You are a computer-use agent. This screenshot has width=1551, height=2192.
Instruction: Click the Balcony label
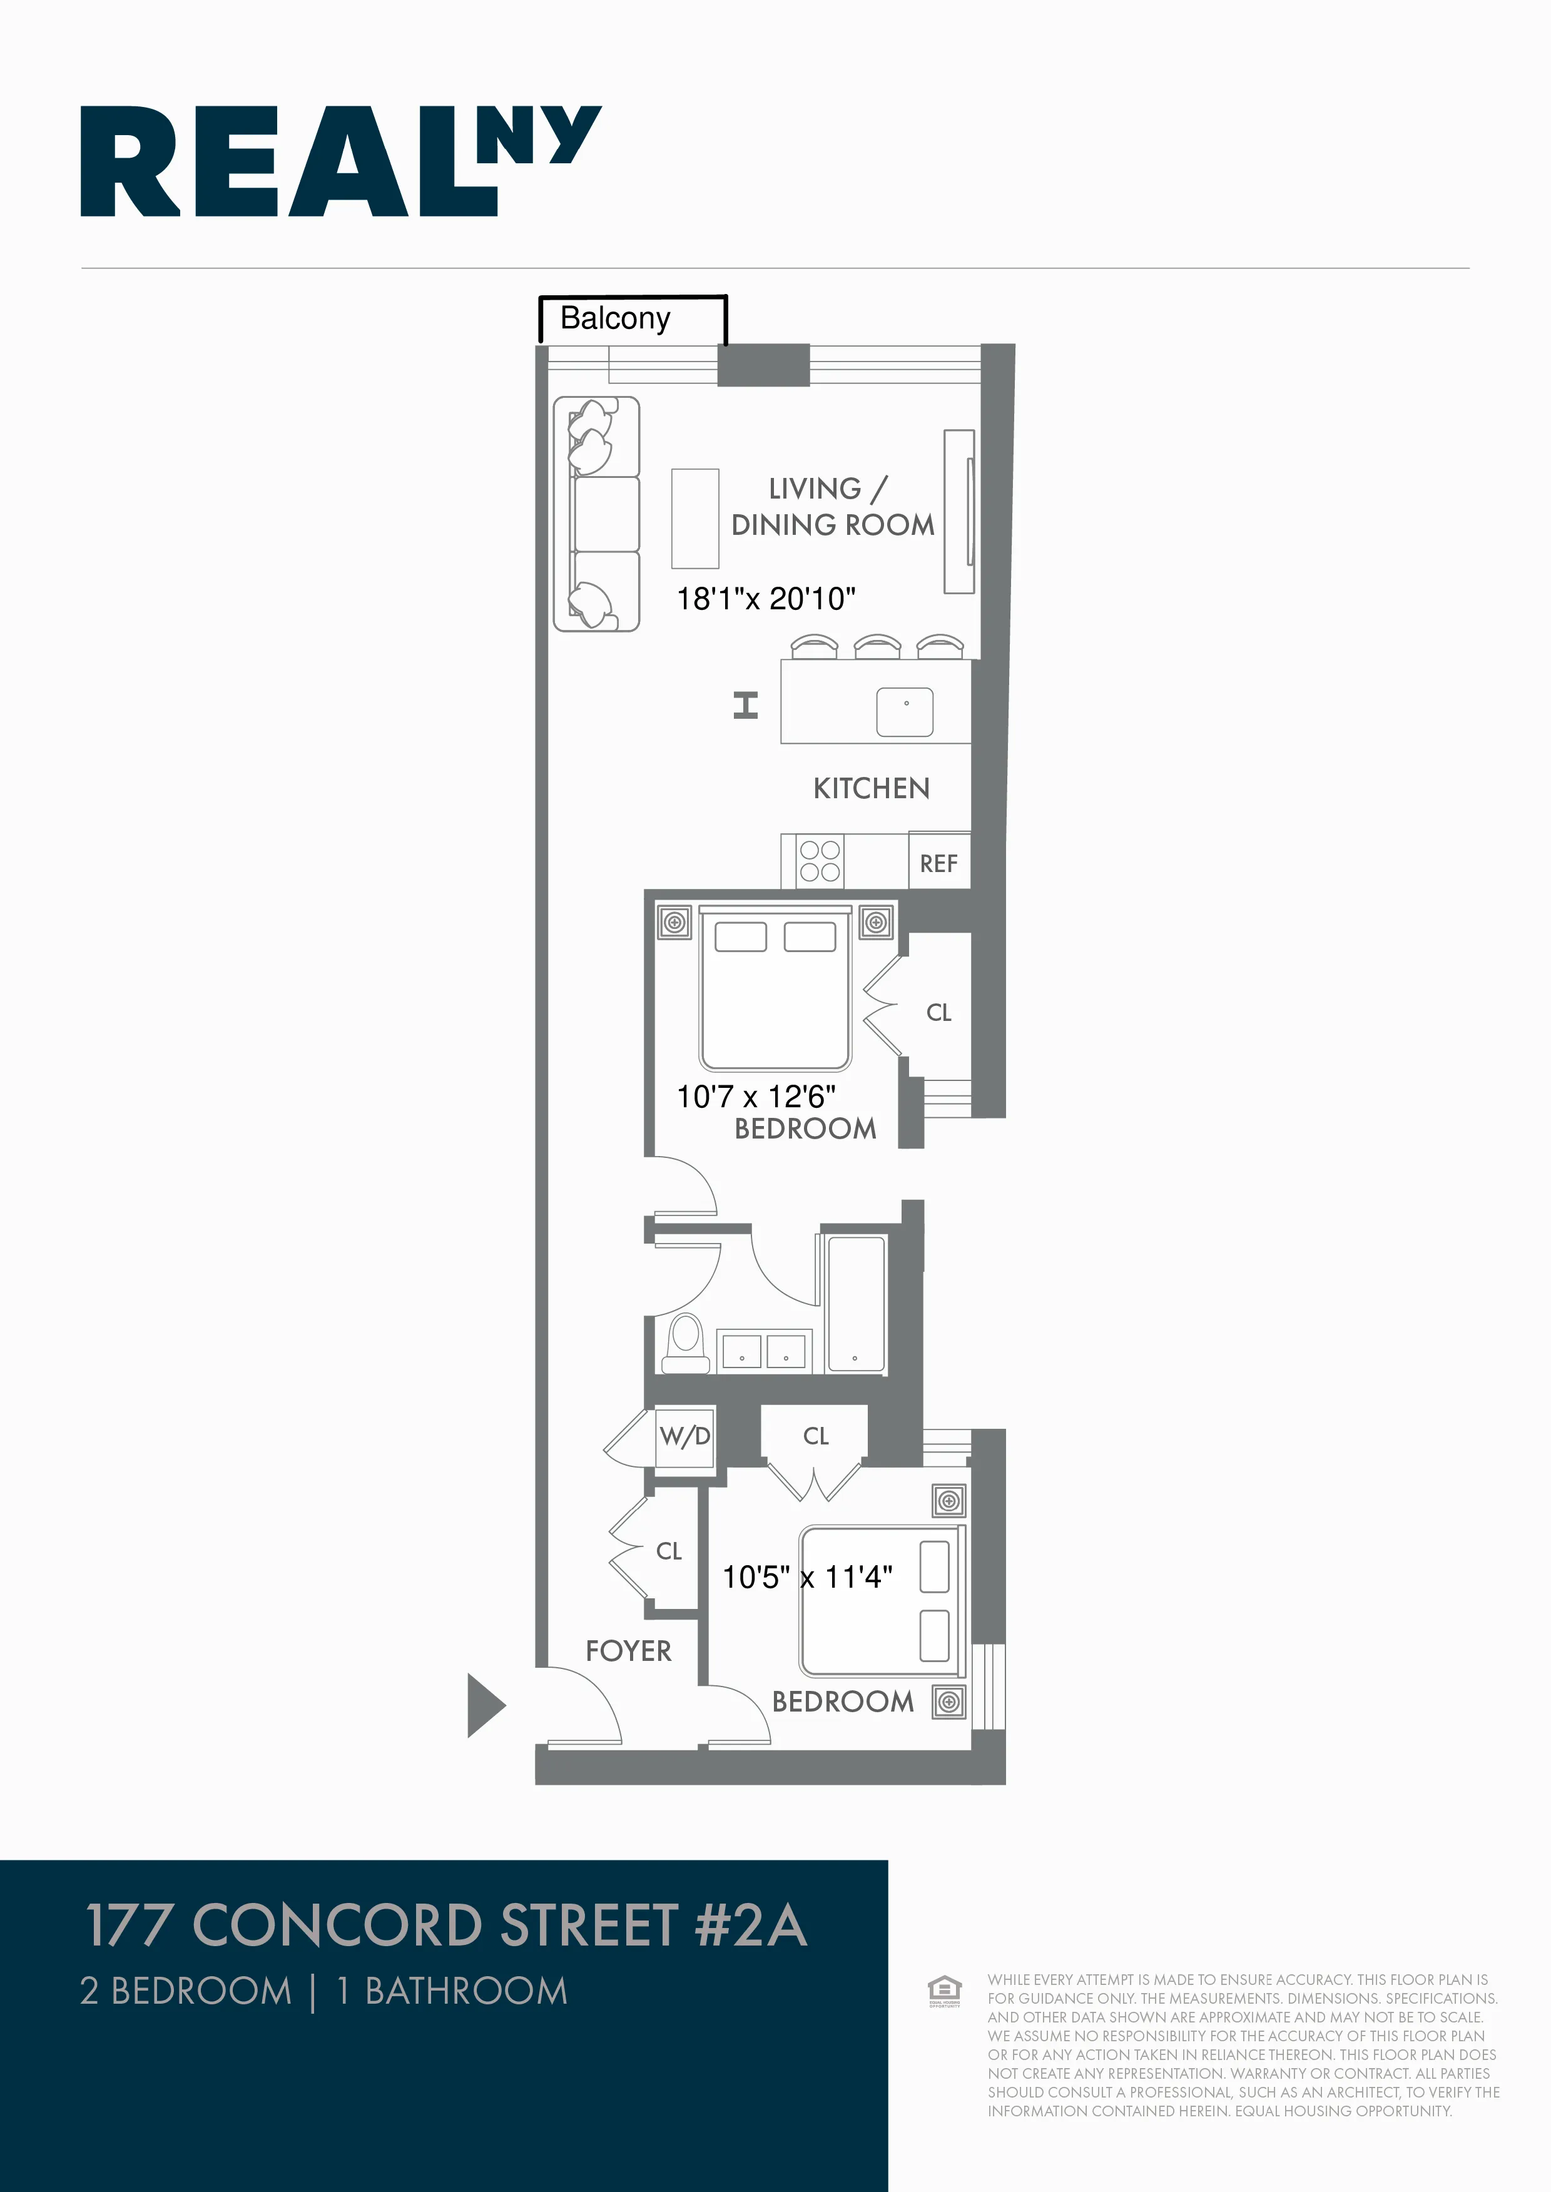pyautogui.click(x=615, y=318)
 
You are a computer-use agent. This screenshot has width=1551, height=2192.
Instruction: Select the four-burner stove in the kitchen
pyautogui.click(x=820, y=860)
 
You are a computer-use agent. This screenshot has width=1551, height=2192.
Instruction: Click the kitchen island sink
pyautogui.click(x=905, y=712)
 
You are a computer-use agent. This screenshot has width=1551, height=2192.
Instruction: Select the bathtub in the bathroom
pyautogui.click(x=856, y=1304)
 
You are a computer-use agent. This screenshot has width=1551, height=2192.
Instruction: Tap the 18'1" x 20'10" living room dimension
pyautogui.click(x=766, y=599)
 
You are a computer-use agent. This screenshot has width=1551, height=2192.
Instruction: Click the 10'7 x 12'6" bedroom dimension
pyautogui.click(x=755, y=1097)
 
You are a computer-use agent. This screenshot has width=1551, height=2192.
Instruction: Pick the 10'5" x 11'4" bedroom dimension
pyautogui.click(x=807, y=1577)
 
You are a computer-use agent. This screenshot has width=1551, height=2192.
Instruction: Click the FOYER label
pyautogui.click(x=628, y=1651)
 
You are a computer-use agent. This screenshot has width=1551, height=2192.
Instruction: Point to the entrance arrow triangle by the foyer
pyautogui.click(x=484, y=1705)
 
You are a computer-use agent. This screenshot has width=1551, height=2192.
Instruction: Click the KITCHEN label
pyautogui.click(x=871, y=789)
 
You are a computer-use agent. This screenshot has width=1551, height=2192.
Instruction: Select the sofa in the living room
pyautogui.click(x=597, y=514)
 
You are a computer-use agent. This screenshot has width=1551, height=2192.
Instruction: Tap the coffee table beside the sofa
pyautogui.click(x=695, y=519)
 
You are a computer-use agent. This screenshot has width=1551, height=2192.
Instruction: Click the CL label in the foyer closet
pyautogui.click(x=669, y=1551)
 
